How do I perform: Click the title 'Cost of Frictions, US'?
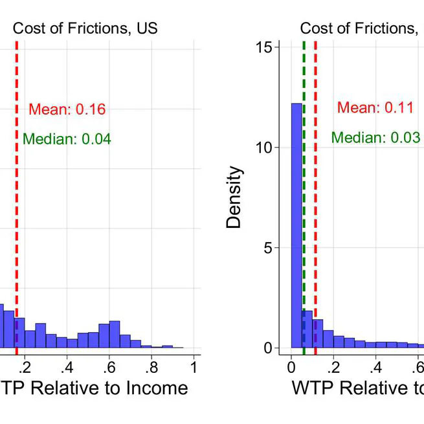pyautogui.click(x=85, y=28)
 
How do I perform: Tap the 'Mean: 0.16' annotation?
pyautogui.click(x=67, y=109)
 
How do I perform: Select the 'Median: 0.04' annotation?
pyautogui.click(x=67, y=139)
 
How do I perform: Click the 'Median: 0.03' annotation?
pyautogui.click(x=375, y=137)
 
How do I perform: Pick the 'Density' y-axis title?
pyautogui.click(x=234, y=197)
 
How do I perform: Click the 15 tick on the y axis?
pyautogui.click(x=263, y=47)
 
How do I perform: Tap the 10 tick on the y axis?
pyautogui.click(x=263, y=148)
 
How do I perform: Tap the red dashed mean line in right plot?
pyautogui.click(x=315, y=194)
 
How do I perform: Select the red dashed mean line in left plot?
pyautogui.click(x=17, y=194)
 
